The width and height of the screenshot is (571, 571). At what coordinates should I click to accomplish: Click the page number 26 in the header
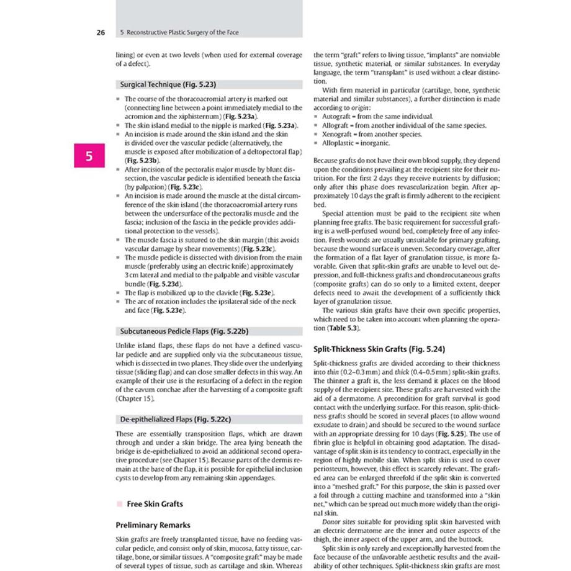(x=101, y=32)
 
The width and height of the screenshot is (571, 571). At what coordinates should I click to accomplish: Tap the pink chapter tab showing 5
(x=89, y=156)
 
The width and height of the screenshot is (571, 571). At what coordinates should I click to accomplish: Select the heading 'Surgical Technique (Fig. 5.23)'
(x=166, y=84)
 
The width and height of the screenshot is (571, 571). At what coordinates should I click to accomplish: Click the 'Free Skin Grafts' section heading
(x=155, y=503)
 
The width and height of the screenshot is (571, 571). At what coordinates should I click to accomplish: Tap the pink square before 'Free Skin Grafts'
(x=119, y=503)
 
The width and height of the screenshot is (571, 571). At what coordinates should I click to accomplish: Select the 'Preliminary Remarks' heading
(x=153, y=525)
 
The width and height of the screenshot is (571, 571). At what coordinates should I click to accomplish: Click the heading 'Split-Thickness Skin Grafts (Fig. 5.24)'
(x=379, y=349)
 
